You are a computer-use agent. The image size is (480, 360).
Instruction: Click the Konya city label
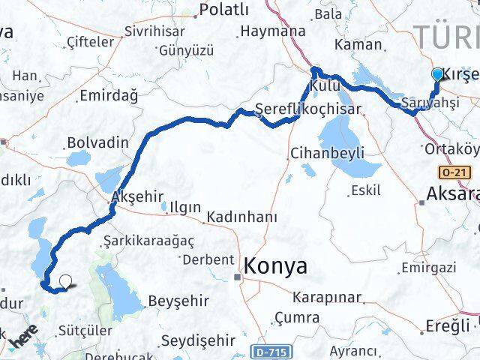pos(274,266)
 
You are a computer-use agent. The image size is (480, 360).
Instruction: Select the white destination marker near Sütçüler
pos(66,282)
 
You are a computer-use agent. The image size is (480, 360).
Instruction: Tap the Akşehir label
pos(136,196)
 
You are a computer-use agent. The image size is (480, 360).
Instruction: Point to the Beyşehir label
pos(178,300)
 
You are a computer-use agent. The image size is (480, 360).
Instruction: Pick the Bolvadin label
pos(98,141)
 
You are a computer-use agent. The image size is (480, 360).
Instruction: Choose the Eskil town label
pos(366,190)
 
